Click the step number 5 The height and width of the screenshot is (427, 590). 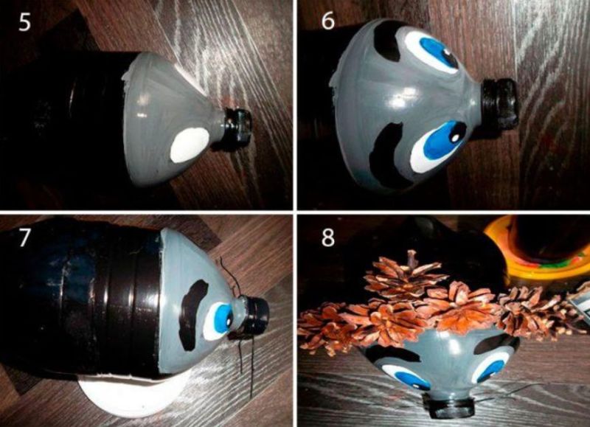point(24,23)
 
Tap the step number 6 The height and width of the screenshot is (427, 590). point(327,21)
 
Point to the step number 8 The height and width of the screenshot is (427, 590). point(327,237)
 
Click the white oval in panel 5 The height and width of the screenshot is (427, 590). point(190,145)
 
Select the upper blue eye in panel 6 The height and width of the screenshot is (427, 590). point(437,52)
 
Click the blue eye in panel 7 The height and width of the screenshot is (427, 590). point(219,321)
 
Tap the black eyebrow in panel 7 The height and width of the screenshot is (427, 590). point(192,314)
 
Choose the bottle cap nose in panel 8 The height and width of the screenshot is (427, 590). point(450,406)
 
